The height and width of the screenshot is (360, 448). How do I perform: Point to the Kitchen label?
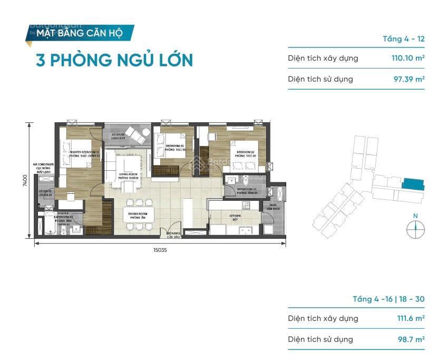click(x=235, y=217)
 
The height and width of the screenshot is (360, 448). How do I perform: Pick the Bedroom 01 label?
click(x=175, y=148)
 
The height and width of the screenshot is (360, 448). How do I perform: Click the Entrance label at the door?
click(x=173, y=235)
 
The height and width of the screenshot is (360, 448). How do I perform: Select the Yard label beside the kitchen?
click(x=273, y=206)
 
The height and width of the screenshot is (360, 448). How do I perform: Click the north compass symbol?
click(x=415, y=228)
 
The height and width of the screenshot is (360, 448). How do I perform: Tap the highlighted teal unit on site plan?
click(x=412, y=184)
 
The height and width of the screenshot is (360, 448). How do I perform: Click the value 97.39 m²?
click(x=406, y=80)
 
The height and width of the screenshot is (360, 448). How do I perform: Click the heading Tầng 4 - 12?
click(x=403, y=39)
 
